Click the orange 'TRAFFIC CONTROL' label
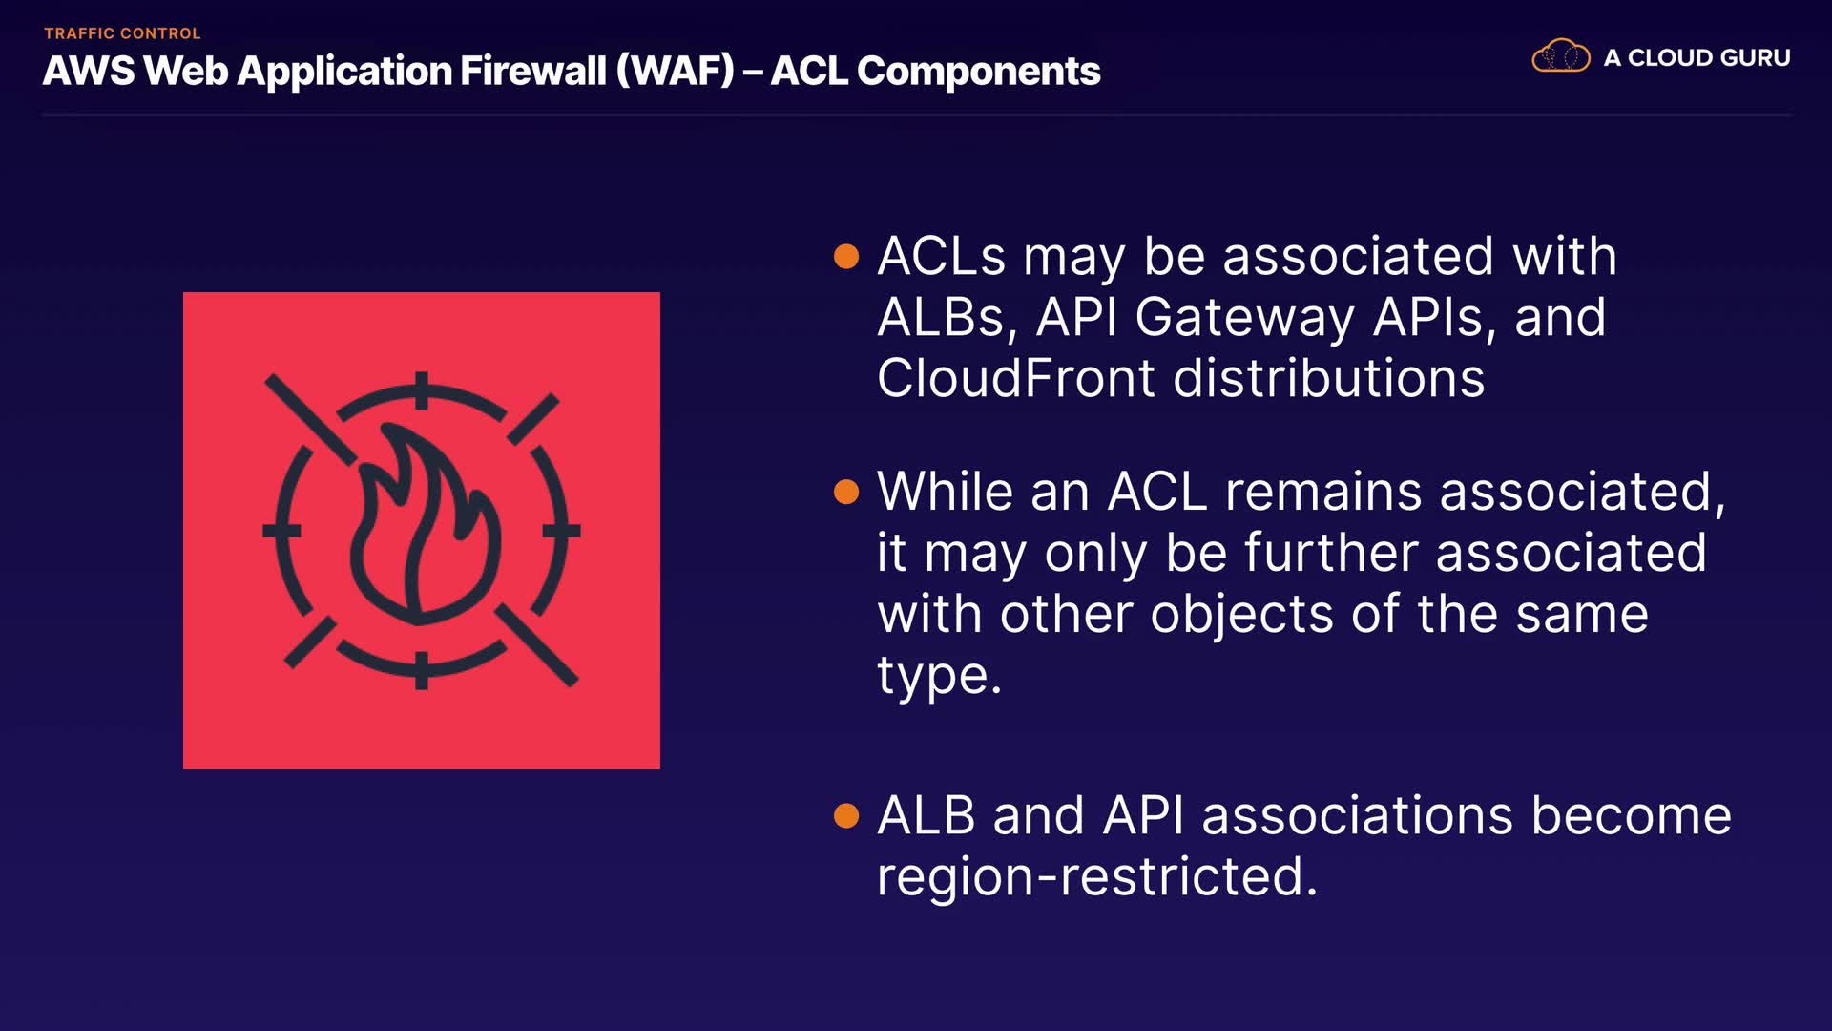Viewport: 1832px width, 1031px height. pyautogui.click(x=122, y=33)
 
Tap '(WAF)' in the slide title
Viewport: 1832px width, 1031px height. pyautogui.click(x=676, y=72)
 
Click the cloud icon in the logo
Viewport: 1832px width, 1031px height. pyautogui.click(x=1561, y=56)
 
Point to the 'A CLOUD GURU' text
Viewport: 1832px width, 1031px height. pyautogui.click(x=1697, y=57)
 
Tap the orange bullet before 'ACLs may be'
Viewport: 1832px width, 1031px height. pyautogui.click(x=846, y=256)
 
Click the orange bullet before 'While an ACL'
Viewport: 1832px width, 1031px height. pyautogui.click(x=846, y=492)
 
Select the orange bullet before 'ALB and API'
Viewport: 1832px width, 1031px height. pyautogui.click(x=846, y=815)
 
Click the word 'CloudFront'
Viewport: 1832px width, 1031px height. pyautogui.click(x=1016, y=378)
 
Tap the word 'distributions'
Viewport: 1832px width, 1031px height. pyautogui.click(x=1329, y=378)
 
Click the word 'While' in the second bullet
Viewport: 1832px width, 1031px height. pyautogui.click(x=945, y=492)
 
